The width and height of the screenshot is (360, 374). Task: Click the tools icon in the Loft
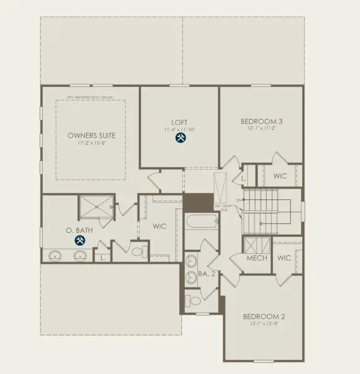[x=180, y=138]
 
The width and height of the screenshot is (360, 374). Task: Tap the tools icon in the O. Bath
[x=80, y=240]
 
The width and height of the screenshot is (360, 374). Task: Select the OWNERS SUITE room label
[x=92, y=135]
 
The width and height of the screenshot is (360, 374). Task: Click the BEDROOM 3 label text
[x=261, y=121]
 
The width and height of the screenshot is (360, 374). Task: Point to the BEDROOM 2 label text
[x=264, y=316]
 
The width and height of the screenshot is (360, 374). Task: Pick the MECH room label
[x=256, y=258]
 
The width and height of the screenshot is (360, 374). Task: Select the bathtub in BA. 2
[x=201, y=222]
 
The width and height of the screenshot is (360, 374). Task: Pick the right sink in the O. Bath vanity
[x=80, y=256]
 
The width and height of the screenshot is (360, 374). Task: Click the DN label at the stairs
[x=239, y=200]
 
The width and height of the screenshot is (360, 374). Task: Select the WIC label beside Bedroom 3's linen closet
[x=280, y=176]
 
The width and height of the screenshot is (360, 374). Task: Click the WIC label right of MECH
[x=284, y=258]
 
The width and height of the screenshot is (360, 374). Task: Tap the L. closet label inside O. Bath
[x=102, y=257]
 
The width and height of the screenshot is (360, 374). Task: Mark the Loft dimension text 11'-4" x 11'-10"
[x=180, y=129]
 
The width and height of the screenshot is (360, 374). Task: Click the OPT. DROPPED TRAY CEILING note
[x=90, y=97]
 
